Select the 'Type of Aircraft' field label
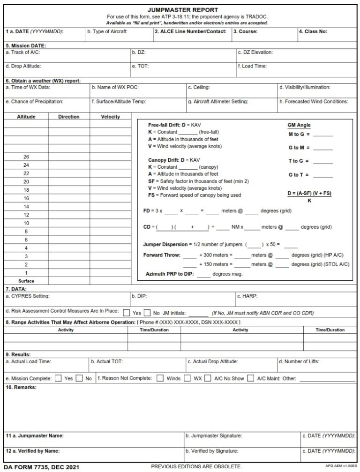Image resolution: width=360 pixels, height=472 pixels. (x=107, y=32)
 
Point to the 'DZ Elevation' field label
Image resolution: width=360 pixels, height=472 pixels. (x=255, y=52)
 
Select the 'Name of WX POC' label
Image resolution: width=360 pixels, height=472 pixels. (x=115, y=87)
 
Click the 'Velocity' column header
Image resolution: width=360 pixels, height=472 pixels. (x=110, y=117)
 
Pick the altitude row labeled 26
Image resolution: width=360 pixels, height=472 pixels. (x=26, y=157)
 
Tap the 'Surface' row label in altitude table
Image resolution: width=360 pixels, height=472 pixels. (x=26, y=281)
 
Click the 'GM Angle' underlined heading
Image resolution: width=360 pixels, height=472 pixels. (x=299, y=125)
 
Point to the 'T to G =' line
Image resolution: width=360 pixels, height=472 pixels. (x=298, y=161)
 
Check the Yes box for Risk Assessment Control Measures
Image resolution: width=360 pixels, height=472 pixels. (x=127, y=313)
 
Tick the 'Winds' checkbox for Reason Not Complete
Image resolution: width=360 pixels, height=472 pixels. (x=160, y=378)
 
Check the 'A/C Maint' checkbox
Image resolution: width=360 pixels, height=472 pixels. (x=251, y=378)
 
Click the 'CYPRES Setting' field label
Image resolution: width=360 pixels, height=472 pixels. (x=27, y=296)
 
